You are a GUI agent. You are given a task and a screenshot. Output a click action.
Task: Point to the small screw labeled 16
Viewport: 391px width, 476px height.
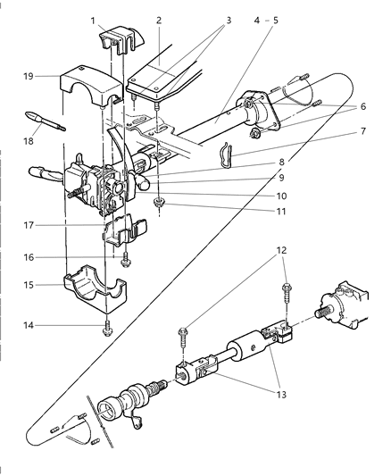[x=126, y=259]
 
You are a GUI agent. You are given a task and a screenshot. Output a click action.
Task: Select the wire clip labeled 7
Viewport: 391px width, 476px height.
[x=229, y=155]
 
